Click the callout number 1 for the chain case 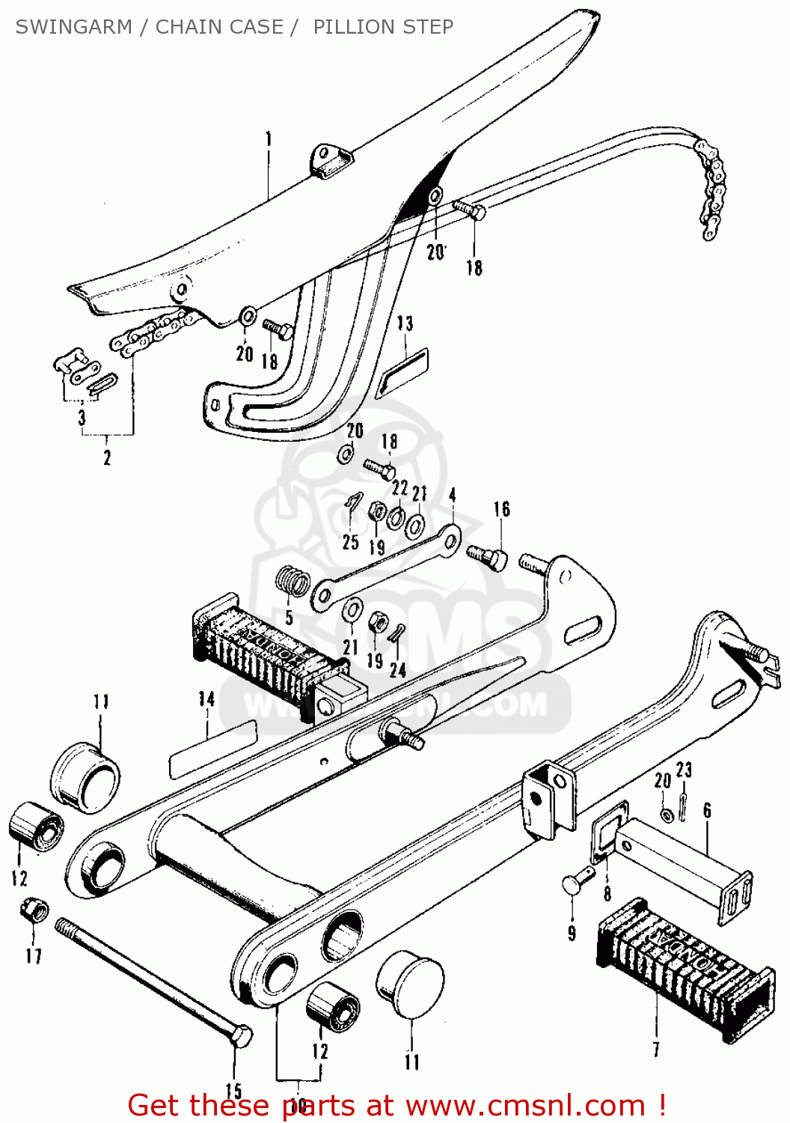268,139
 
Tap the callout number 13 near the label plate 405,323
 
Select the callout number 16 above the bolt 501,510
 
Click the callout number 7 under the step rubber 656,1049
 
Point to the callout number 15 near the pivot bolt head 233,1091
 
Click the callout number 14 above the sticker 206,699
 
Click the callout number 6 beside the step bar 707,811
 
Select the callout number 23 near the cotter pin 684,770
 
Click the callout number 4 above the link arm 452,496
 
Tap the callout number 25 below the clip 350,542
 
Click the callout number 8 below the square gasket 607,893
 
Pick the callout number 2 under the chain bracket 107,457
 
